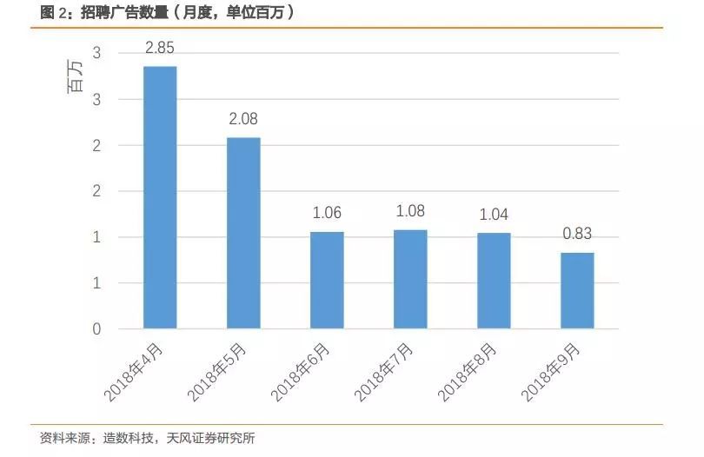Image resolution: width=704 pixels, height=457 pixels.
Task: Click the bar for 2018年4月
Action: tap(160, 198)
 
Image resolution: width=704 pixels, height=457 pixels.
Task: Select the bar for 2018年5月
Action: tap(243, 233)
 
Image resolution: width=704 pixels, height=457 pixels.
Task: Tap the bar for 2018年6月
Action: tap(327, 280)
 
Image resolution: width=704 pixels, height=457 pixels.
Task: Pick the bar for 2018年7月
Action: tap(410, 279)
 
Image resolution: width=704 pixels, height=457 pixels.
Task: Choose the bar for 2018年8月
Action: tap(494, 281)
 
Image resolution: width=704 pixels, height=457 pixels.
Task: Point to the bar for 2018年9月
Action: tap(577, 290)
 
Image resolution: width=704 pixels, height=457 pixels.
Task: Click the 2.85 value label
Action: tap(160, 48)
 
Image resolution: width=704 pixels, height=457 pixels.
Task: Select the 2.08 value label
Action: tap(243, 119)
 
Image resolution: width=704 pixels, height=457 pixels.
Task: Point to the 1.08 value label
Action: tap(410, 211)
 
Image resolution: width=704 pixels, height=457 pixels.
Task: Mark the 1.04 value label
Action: tap(494, 215)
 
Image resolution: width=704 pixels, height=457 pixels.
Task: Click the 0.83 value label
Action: tap(577, 234)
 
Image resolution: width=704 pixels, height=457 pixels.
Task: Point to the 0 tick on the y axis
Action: tap(96, 329)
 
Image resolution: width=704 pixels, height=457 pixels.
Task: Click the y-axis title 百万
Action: tap(76, 79)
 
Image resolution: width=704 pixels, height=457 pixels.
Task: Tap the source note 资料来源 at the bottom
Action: tap(148, 438)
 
